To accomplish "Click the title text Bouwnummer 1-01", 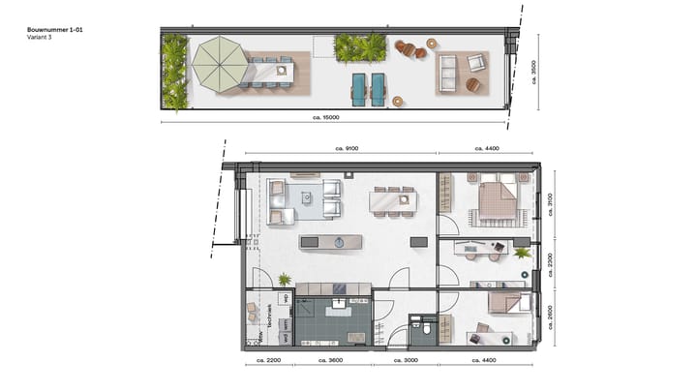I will [53, 31].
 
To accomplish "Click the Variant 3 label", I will [40, 40].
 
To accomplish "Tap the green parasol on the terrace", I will [220, 64].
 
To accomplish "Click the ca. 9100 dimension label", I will [340, 148].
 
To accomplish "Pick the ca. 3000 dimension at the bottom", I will [405, 360].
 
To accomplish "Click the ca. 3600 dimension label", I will [333, 360].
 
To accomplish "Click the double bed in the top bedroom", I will [496, 200].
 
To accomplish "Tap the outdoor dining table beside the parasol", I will [270, 72].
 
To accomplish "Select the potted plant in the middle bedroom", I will [522, 253].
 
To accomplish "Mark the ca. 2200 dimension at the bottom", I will [267, 360].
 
